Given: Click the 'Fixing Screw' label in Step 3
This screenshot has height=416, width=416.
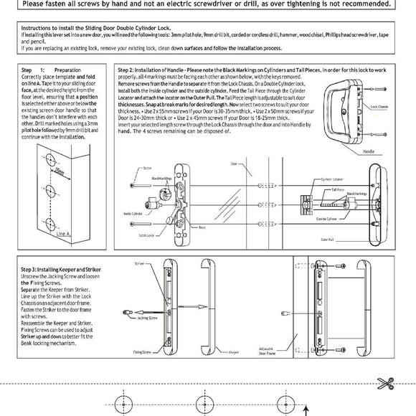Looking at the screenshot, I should coord(142,352).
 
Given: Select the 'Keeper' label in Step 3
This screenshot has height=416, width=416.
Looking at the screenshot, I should coord(233,353).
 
